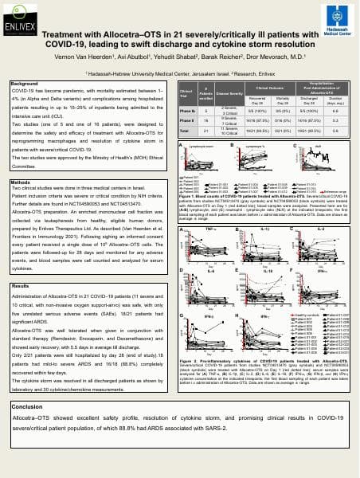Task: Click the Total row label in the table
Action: point(188,130)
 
